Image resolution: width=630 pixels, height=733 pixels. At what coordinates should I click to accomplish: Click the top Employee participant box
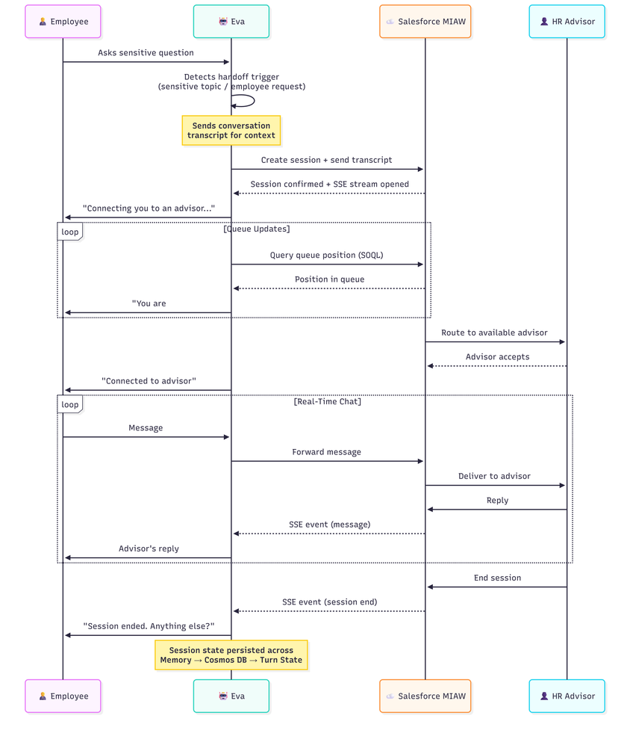click(x=63, y=22)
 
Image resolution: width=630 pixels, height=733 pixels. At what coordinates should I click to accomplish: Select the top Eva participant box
click(x=231, y=22)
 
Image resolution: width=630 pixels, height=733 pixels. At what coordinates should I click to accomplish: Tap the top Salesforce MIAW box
click(x=425, y=22)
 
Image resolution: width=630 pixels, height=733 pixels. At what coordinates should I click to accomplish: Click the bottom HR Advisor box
click(x=567, y=696)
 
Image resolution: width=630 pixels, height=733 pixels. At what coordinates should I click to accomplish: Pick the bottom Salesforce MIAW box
click(x=425, y=696)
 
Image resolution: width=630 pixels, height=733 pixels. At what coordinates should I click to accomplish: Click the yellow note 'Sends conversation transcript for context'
click(x=231, y=131)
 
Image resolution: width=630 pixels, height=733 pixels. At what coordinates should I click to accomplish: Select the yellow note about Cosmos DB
click(x=231, y=655)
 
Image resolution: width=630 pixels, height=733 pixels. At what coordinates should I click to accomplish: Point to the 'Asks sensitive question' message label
click(x=146, y=53)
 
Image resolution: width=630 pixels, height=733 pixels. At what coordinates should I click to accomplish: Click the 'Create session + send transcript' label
click(x=326, y=160)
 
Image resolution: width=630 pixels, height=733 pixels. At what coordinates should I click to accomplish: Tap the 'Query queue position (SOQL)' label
click(x=326, y=255)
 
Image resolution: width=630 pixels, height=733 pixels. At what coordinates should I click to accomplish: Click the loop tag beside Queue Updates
click(x=70, y=232)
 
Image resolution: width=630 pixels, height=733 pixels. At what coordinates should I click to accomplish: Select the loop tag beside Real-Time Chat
click(x=70, y=404)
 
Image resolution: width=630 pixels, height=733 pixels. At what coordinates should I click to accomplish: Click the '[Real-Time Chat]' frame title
click(x=327, y=402)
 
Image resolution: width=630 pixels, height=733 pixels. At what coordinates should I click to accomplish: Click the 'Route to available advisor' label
click(x=494, y=333)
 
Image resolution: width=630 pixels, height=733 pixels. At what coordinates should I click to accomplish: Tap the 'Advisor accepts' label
click(x=497, y=356)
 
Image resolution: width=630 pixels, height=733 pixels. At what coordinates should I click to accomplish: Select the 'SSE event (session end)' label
click(x=329, y=601)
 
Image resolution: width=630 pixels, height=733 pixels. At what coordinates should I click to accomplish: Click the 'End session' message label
click(x=497, y=578)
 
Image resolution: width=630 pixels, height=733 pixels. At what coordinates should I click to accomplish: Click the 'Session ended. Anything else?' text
click(x=149, y=626)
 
